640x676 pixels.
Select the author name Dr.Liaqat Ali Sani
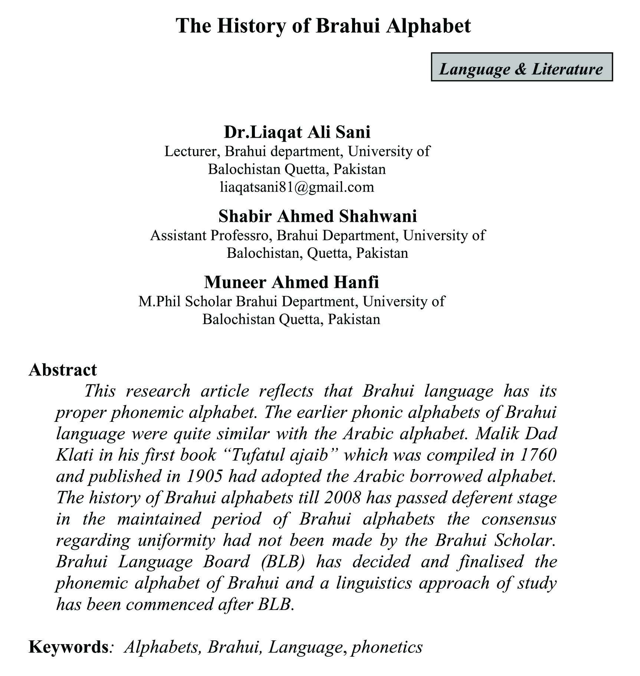point(297,132)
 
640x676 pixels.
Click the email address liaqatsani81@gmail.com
point(297,187)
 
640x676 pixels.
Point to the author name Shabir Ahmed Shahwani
point(318,216)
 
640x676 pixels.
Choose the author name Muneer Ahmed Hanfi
point(291,282)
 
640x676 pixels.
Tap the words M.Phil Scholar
point(185,301)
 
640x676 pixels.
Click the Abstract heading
point(63,370)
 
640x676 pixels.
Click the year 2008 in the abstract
point(342,498)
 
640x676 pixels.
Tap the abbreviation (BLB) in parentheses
point(283,561)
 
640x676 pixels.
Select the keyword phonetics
point(387,647)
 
